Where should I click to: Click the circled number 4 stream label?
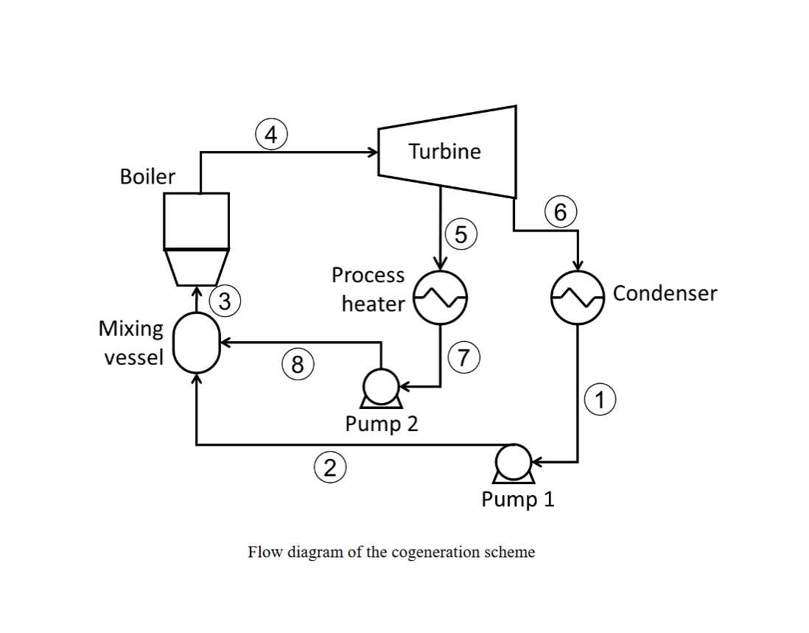point(270,136)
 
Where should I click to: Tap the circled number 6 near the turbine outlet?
point(561,213)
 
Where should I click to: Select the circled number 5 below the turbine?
point(461,234)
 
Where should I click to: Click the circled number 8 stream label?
point(297,365)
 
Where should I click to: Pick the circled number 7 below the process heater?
point(463,358)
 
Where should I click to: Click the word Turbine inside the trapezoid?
point(444,152)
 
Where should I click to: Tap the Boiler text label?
point(147,177)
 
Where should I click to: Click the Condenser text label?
point(665,293)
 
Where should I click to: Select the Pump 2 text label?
point(381,424)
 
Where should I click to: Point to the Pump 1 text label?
point(517,500)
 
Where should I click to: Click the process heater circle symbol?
point(440,297)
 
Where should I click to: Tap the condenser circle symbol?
point(578,297)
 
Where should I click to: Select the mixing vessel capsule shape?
point(196,343)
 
